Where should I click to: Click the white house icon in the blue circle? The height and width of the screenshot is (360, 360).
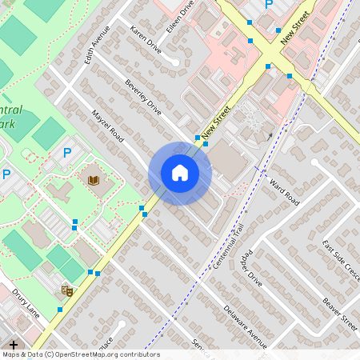tap(180, 173)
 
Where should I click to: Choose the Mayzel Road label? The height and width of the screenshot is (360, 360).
tap(107, 126)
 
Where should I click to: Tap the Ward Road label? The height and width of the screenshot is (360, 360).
tap(284, 191)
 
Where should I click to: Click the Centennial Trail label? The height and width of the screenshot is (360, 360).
tap(228, 246)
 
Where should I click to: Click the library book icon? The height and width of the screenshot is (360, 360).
tap(94, 180)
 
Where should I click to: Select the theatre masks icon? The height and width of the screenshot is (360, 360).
tap(68, 291)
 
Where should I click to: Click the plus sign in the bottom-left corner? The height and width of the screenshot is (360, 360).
tap(14, 345)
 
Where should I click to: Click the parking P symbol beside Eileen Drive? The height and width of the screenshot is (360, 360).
tap(269, 5)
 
